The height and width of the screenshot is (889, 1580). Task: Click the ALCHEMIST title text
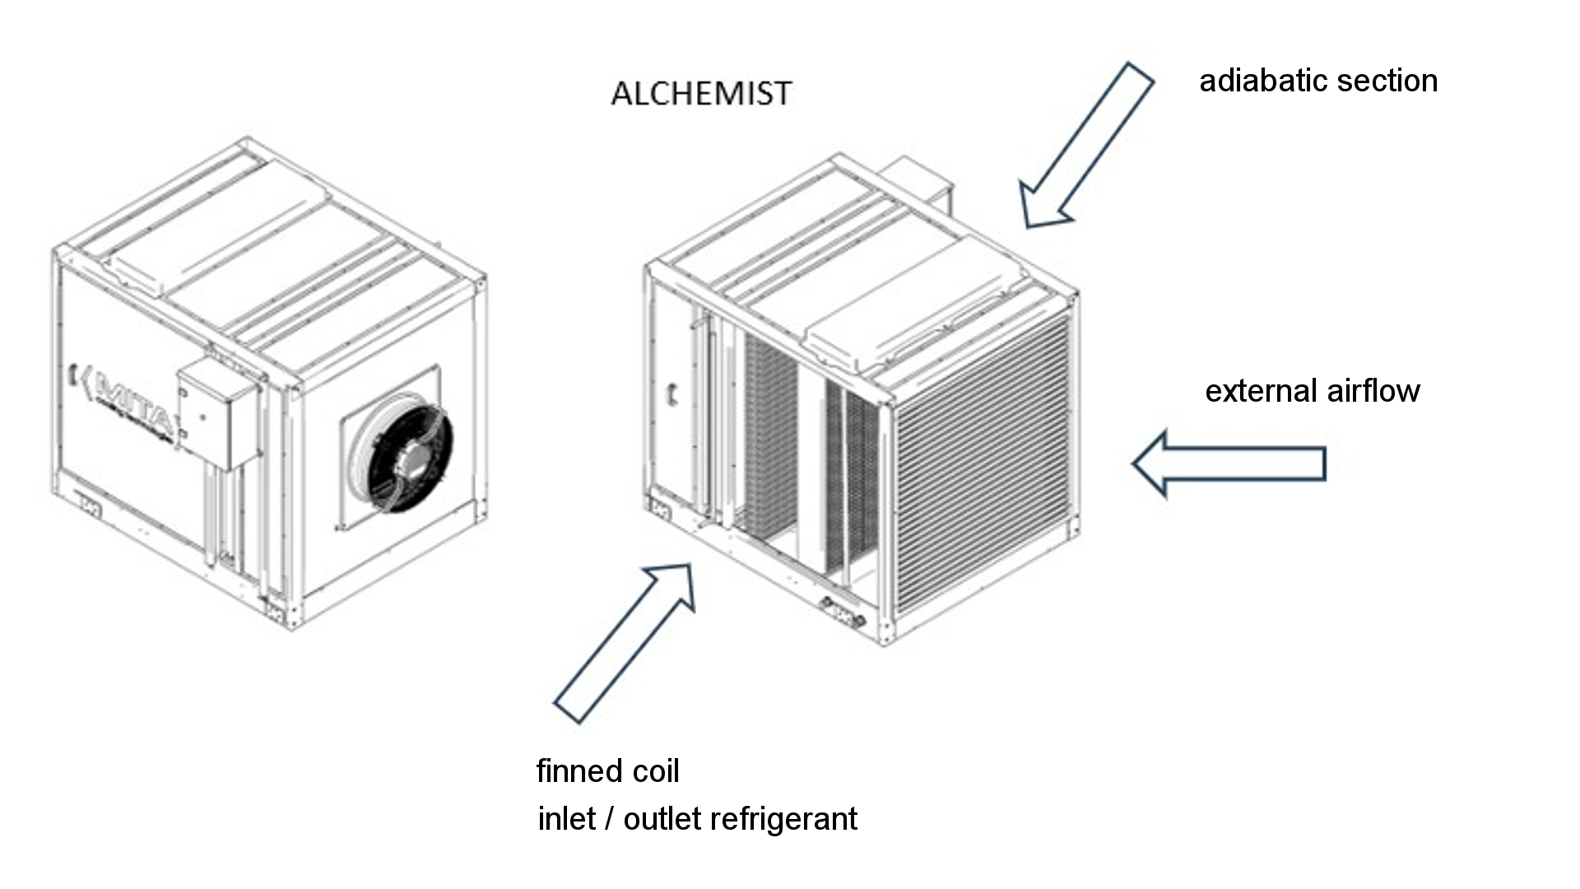point(701,93)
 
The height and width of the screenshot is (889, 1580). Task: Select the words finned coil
point(607,771)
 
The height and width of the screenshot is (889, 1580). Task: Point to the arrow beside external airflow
point(1229,463)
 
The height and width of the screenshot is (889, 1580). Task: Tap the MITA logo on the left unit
point(123,403)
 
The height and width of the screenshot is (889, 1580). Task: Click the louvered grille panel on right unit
point(983,465)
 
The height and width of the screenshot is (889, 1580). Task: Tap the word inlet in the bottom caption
point(566,819)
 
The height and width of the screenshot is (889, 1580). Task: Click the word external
point(1254,391)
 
